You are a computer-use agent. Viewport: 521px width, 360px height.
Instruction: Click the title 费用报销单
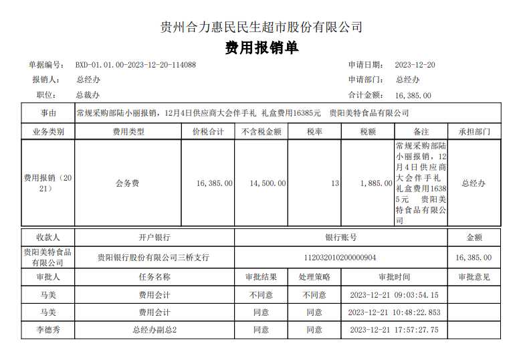262,48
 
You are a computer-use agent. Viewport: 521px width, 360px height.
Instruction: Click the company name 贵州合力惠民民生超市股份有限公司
262,27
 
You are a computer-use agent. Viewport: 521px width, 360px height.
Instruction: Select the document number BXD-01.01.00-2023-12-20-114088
135,65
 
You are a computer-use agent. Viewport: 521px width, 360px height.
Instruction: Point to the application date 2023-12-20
415,65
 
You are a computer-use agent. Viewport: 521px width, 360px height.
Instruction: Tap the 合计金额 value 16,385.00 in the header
413,96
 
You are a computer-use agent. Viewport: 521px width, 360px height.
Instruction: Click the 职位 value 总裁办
88,96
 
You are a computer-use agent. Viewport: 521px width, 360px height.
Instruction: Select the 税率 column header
314,132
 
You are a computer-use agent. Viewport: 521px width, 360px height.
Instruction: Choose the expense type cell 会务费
128,183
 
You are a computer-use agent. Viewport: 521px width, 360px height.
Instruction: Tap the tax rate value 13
334,183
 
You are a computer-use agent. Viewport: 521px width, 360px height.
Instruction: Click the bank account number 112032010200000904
340,257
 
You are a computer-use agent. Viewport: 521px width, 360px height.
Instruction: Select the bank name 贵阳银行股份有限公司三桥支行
153,257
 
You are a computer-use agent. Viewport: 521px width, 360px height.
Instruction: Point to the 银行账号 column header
340,237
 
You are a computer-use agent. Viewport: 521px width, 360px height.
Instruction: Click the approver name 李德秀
47,329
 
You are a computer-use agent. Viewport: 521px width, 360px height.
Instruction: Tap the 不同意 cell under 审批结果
261,294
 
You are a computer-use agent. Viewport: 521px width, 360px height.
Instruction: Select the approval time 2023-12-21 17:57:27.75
394,329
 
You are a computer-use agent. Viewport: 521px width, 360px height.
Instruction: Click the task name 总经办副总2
154,329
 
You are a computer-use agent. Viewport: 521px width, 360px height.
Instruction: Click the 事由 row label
48,113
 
